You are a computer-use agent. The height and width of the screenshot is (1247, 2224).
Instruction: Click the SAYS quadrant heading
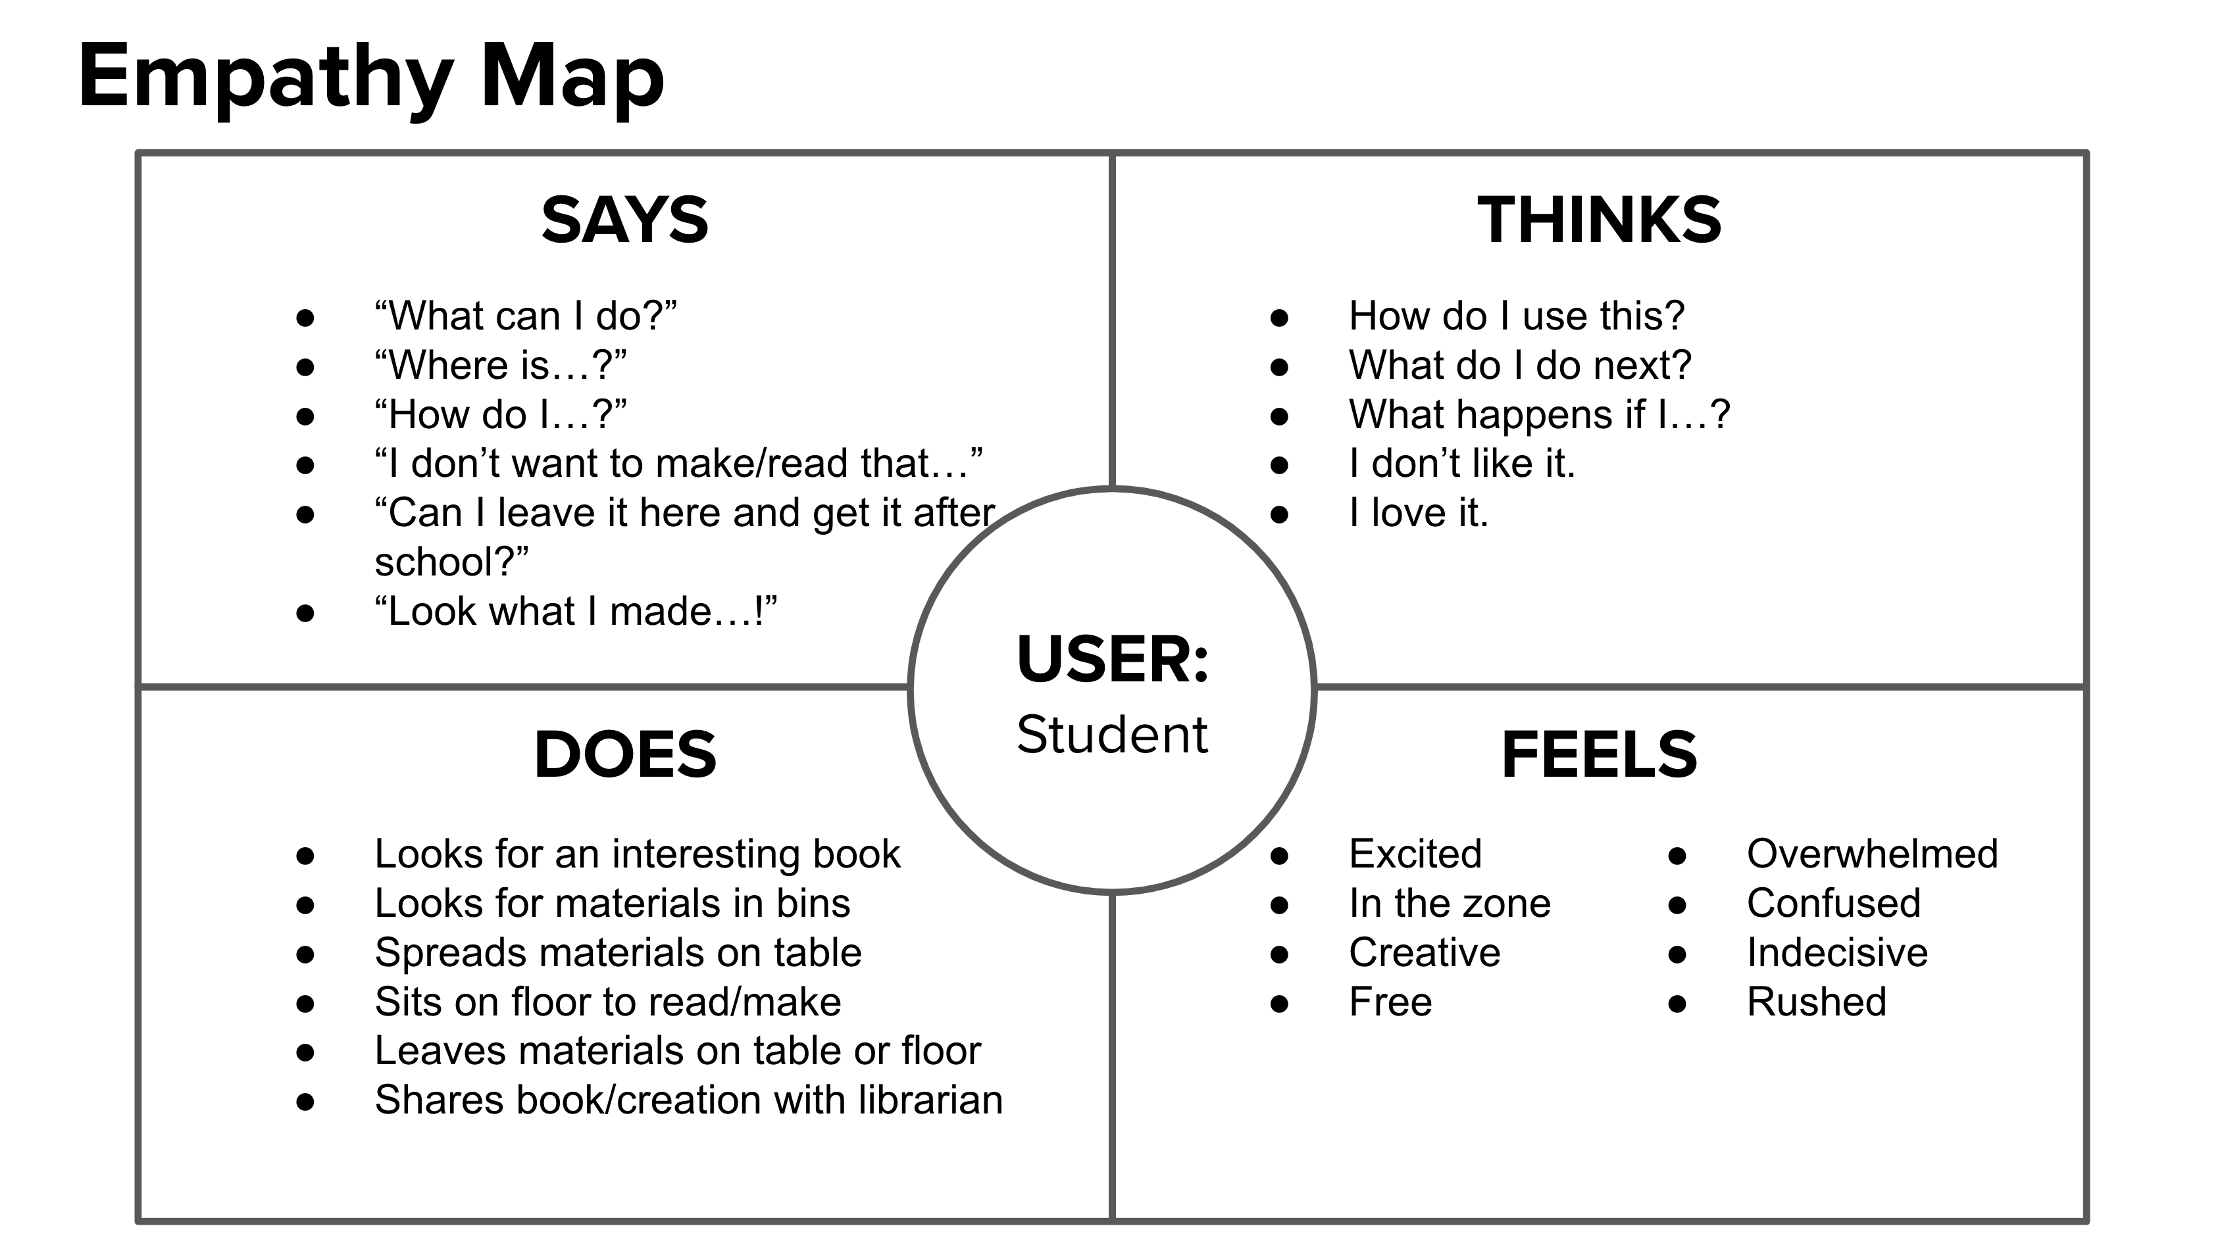[x=624, y=220]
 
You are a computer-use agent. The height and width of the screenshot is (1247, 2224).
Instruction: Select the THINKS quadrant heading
[x=1599, y=220]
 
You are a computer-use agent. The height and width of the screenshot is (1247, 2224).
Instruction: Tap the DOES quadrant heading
[x=624, y=754]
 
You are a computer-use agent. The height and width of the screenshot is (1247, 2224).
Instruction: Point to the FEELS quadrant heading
[x=1599, y=754]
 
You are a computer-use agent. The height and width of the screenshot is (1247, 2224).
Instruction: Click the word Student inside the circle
[x=1112, y=735]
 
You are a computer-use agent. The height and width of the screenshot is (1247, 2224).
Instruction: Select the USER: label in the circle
[x=1112, y=659]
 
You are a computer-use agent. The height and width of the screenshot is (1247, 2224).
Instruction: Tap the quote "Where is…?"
[x=500, y=366]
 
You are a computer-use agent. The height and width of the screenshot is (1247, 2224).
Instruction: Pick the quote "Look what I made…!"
[x=575, y=612]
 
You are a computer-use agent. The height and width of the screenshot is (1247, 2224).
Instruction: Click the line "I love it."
[x=1419, y=514]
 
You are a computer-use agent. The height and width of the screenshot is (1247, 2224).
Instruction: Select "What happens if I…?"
[x=1538, y=415]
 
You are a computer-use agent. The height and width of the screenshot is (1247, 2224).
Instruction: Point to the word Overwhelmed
[x=1872, y=854]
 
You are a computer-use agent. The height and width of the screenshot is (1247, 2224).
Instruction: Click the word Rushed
[x=1817, y=1002]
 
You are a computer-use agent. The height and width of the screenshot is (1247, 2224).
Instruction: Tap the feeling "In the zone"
[x=1450, y=904]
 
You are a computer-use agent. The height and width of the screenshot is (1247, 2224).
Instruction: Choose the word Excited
[x=1415, y=854]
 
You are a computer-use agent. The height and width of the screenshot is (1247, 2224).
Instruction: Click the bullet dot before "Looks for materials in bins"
[x=305, y=905]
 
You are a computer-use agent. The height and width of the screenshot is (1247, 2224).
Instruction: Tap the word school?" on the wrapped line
[x=451, y=562]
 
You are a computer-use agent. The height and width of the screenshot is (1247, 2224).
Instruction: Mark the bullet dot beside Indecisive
[x=1677, y=954]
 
